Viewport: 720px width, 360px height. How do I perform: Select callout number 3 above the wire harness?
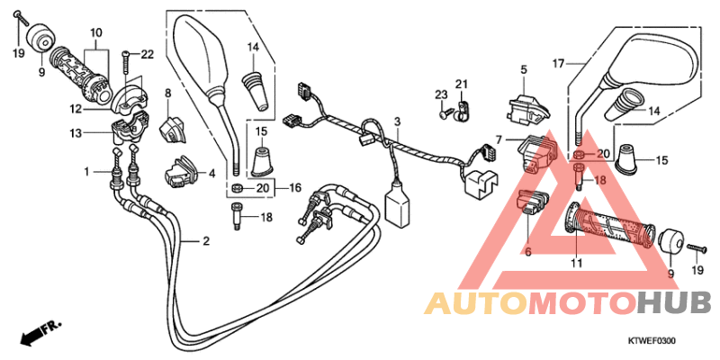(396, 121)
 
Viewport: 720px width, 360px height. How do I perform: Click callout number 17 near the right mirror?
(558, 62)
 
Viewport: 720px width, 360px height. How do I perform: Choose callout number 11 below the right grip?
(576, 264)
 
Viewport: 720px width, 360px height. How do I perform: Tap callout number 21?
(461, 85)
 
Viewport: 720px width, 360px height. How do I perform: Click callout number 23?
(441, 94)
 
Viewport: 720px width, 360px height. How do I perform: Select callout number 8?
(167, 92)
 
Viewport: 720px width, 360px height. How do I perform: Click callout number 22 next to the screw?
(147, 55)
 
